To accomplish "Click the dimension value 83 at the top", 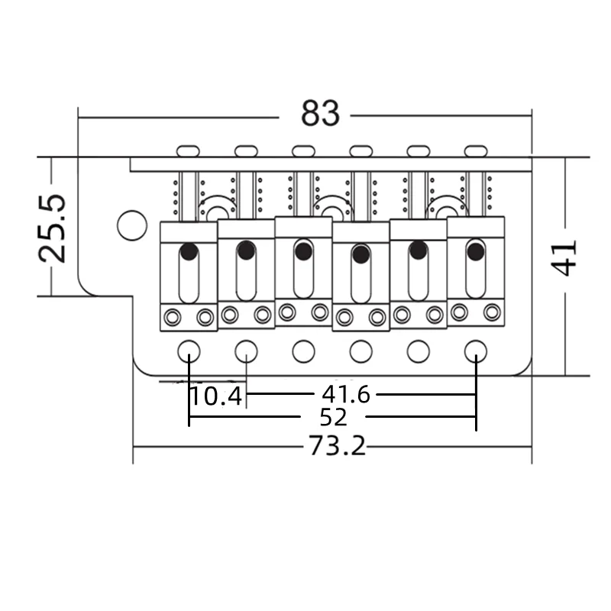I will coord(319,114).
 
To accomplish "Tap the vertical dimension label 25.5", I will coord(54,228).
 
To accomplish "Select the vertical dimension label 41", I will coord(565,257).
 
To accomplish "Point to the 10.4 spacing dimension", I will coord(216,396).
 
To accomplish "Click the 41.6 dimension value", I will coord(345,394).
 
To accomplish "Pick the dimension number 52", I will coord(334,417).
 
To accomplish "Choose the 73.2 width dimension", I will coord(337,445).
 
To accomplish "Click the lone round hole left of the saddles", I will coord(132,225).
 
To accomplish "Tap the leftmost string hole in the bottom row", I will coord(189,351).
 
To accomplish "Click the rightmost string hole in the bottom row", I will coord(475,351).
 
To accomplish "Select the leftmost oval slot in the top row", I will coord(188,150).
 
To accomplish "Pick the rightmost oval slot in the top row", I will coord(475,150).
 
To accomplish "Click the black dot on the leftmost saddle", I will coord(189,251).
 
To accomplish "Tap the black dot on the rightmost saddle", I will coord(475,250).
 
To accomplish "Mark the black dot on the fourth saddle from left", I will coord(360,253).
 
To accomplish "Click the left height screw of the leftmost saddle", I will coord(173,317).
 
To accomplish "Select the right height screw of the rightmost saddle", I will coord(492,312).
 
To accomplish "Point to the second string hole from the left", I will coord(246,351).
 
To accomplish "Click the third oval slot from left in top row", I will coord(303,150).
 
